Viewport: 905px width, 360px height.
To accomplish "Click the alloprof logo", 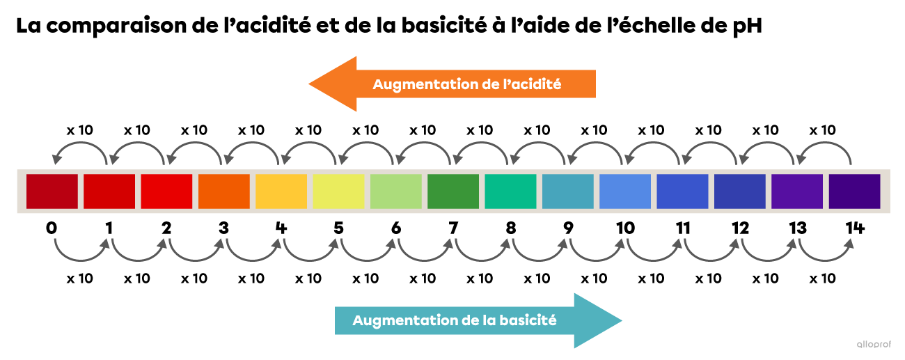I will click(x=874, y=343).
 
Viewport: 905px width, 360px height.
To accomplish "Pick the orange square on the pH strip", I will click(x=224, y=191).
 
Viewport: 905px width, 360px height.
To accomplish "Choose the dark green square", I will click(x=453, y=191).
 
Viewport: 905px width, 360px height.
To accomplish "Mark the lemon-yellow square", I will click(x=338, y=191).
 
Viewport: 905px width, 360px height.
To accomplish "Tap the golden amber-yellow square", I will click(x=281, y=191).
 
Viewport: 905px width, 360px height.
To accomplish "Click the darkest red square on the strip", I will click(x=52, y=191).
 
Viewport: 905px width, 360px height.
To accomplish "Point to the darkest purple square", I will click(x=854, y=191).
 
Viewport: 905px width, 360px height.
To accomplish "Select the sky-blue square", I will click(x=625, y=191).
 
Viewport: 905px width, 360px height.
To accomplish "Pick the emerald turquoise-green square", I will click(x=510, y=191).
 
